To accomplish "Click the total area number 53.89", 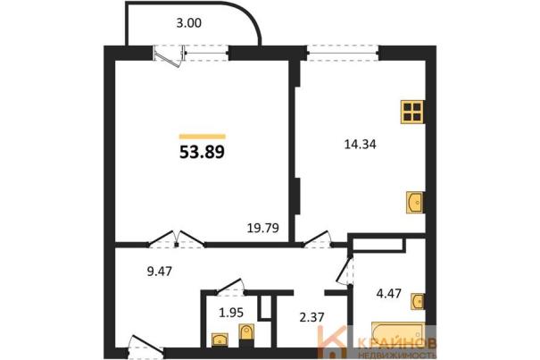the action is pos(202,152).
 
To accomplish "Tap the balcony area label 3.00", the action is pos(188,23).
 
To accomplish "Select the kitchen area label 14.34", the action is pos(361,144).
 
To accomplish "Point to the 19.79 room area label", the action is pos(263,228).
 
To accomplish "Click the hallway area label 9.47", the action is pos(159,272).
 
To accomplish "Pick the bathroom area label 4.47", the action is pos(389,294).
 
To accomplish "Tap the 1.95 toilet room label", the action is pos(231,313).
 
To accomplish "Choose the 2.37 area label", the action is pos(312,317).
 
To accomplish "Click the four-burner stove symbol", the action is pos(412,112).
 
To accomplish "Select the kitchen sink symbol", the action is pos(415,203).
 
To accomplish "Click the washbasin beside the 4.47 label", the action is pos(418,302).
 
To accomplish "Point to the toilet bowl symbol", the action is pos(246,333).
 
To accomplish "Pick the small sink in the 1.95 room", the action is pos(220,339).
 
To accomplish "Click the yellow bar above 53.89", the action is pos(202,137).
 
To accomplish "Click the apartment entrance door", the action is pos(146,346).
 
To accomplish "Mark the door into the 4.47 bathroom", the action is pos(345,271).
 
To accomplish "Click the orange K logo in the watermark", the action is pos(333,342).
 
